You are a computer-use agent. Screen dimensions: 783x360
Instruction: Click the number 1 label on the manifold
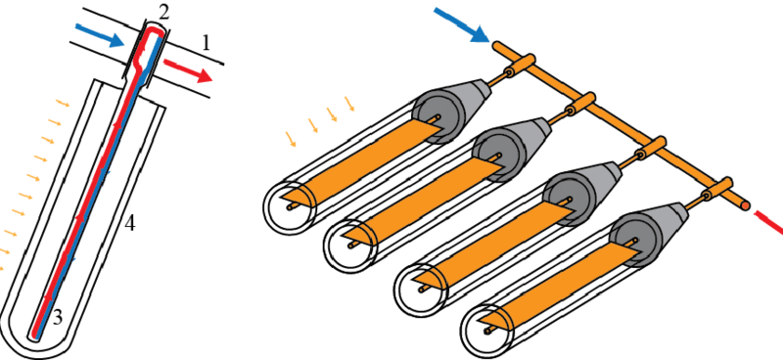pyautogui.click(x=206, y=44)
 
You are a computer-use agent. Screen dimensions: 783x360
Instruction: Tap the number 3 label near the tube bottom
pyautogui.click(x=58, y=318)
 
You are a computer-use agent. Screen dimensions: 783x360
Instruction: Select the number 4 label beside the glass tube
pyautogui.click(x=129, y=225)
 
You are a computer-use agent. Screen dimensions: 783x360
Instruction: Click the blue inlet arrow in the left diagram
pyautogui.click(x=99, y=34)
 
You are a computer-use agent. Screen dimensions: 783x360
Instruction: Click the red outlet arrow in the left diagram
pyautogui.click(x=188, y=69)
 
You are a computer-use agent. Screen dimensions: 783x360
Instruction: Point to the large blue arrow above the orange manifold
pyautogui.click(x=461, y=24)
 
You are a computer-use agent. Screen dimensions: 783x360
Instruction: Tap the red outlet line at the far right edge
pyautogui.click(x=768, y=222)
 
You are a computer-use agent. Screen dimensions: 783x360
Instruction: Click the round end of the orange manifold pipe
pyautogui.click(x=745, y=205)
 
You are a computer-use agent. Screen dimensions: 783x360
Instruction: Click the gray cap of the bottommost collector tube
pyautogui.click(x=648, y=234)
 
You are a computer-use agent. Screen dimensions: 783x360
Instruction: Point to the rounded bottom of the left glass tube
pyautogui.click(x=36, y=343)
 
